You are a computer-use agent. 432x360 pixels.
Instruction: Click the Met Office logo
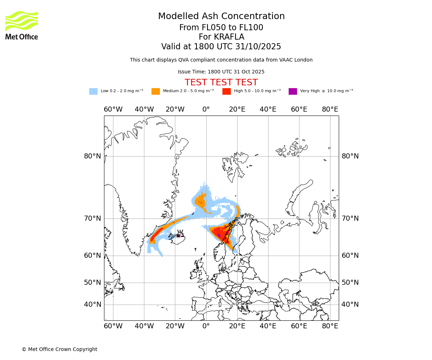click(x=22, y=25)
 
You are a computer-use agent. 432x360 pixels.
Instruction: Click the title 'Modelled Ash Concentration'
click(x=221, y=17)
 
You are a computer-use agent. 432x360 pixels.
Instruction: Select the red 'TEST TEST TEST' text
click(x=221, y=83)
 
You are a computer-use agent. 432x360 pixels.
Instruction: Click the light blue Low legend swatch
click(x=93, y=91)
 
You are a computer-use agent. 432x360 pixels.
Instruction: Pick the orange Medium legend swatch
click(x=156, y=91)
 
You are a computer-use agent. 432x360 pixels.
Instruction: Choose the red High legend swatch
click(x=226, y=91)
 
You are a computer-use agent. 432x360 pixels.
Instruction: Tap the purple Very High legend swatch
click(x=293, y=91)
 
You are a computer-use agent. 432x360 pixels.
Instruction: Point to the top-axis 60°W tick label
click(x=113, y=109)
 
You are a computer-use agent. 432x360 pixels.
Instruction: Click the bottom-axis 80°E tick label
click(x=330, y=326)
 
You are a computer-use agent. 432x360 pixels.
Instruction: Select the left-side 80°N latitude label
click(x=93, y=156)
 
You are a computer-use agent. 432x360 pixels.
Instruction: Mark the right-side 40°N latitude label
click(x=350, y=305)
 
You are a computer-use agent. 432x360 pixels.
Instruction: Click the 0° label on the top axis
click(x=206, y=109)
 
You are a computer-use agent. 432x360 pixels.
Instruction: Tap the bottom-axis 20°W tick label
click(x=175, y=326)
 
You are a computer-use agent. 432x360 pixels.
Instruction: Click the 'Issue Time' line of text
click(x=221, y=72)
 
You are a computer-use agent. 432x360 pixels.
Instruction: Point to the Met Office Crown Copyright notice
click(x=59, y=350)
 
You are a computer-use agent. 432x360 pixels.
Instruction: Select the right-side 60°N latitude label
click(x=350, y=256)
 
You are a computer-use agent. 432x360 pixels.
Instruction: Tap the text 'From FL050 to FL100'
click(x=221, y=28)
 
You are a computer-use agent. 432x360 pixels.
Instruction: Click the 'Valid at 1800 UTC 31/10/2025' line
click(x=221, y=47)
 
